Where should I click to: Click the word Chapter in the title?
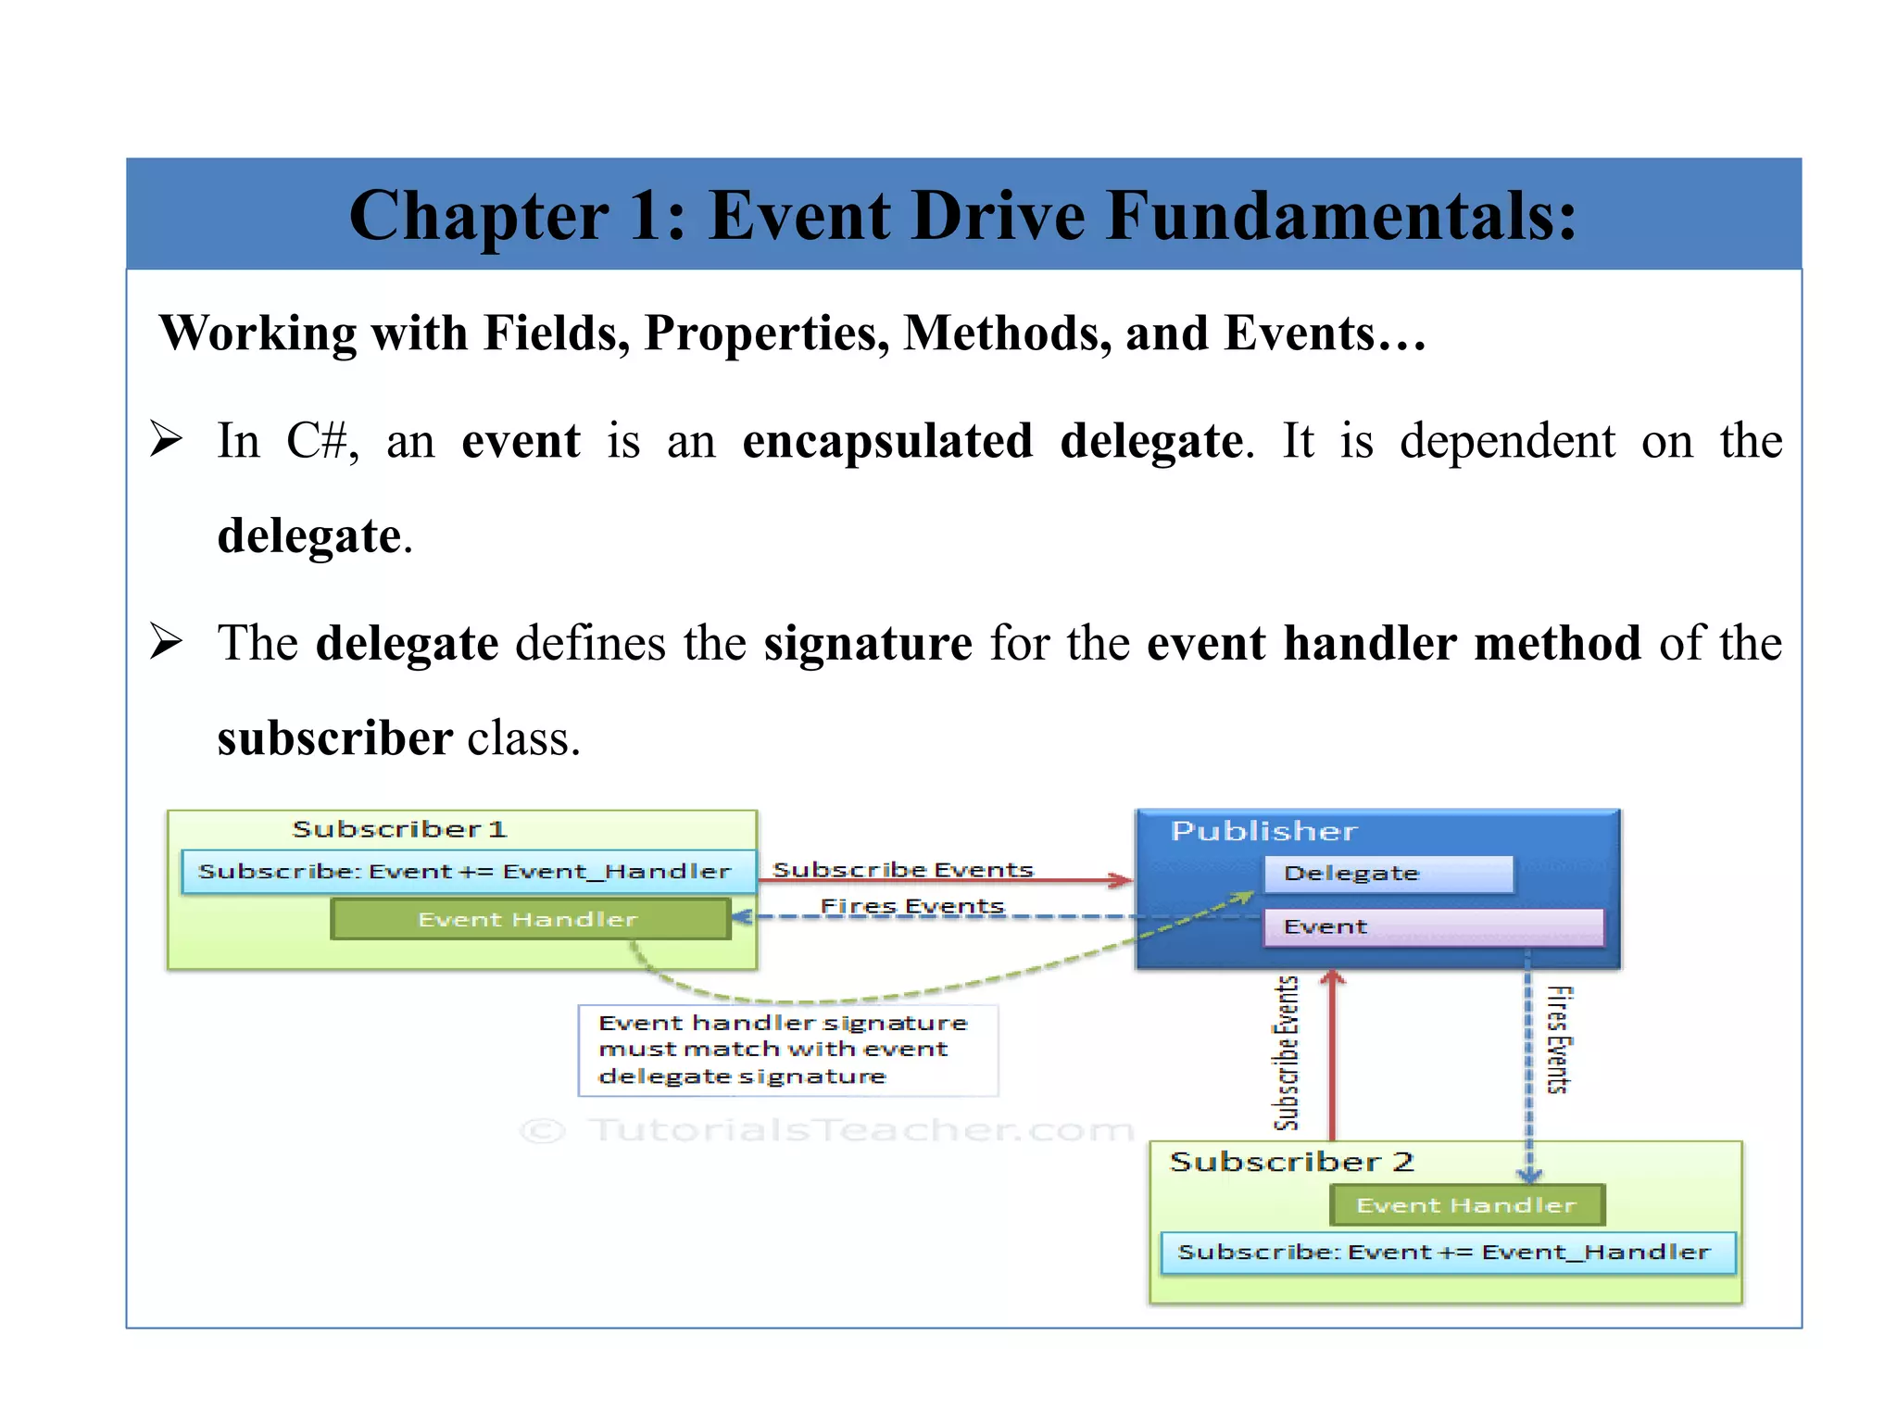click(478, 217)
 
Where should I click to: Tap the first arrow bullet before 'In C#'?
click(167, 439)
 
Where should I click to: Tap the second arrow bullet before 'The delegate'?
click(167, 641)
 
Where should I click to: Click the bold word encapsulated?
click(887, 441)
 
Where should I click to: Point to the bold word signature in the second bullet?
click(868, 643)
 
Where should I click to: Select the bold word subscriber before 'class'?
click(334, 739)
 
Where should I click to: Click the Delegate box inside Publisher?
click(1388, 874)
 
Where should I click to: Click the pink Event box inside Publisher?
click(1432, 926)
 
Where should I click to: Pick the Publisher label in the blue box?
click(1263, 831)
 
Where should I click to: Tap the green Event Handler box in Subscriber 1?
click(530, 919)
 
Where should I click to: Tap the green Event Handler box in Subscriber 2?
click(1466, 1205)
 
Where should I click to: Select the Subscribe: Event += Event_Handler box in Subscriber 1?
click(467, 872)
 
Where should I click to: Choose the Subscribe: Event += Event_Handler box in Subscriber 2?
click(1446, 1253)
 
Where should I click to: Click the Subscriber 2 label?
click(1291, 1162)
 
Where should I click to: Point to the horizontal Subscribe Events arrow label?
click(903, 869)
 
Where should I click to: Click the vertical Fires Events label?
click(1559, 1039)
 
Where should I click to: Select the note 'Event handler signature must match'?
click(787, 1050)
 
